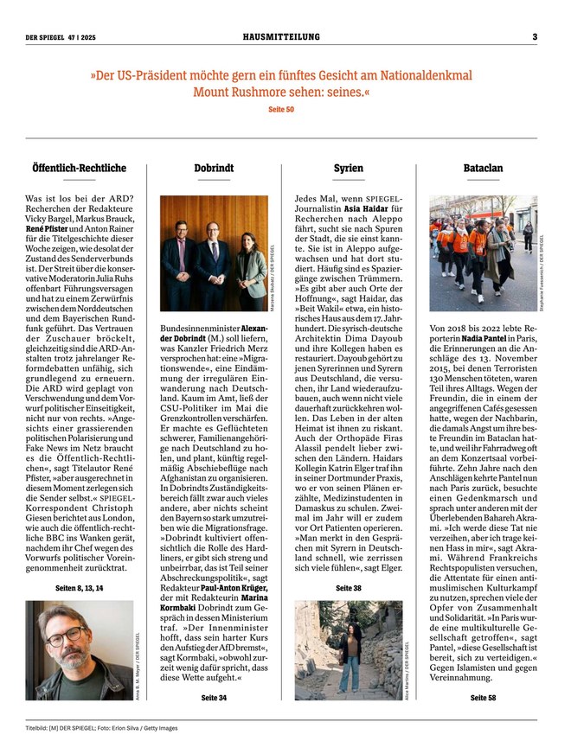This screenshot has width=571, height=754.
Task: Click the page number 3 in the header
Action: click(534, 37)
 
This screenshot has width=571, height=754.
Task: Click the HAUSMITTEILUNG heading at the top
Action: click(281, 37)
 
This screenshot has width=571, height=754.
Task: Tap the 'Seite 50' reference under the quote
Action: click(281, 110)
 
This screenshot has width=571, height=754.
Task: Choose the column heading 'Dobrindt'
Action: click(214, 168)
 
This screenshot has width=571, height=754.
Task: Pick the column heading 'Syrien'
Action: click(348, 168)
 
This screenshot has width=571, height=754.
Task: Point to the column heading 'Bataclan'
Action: click(482, 168)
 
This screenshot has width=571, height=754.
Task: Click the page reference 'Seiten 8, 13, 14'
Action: click(80, 588)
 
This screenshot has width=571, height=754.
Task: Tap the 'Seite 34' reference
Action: click(214, 696)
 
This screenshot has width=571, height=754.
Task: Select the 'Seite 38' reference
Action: click(348, 588)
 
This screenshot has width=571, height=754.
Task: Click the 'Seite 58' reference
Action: click(482, 696)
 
